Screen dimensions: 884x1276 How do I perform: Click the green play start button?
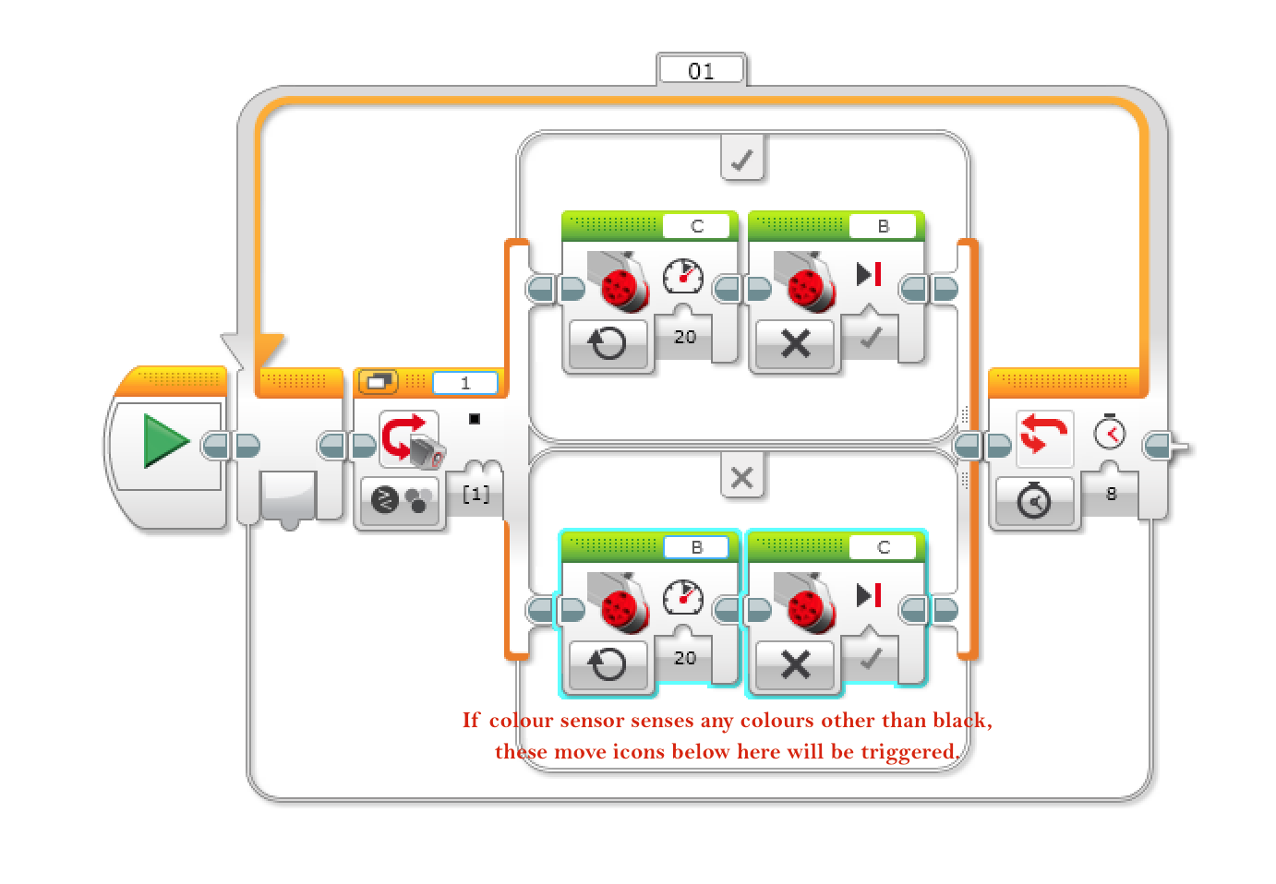(x=166, y=441)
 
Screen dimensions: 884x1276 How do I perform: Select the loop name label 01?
(x=701, y=71)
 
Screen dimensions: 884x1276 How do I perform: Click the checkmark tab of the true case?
(x=741, y=161)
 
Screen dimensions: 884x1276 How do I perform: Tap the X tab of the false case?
(x=741, y=478)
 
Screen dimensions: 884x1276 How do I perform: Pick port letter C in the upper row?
(x=697, y=226)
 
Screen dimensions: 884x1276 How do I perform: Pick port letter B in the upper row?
(x=884, y=226)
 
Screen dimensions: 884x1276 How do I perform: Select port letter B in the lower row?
(x=697, y=547)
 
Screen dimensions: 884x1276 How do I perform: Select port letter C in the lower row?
(x=884, y=547)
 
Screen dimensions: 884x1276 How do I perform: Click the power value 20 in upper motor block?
(x=685, y=337)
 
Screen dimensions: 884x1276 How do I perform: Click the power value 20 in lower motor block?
(x=685, y=658)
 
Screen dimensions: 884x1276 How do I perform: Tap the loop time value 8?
(x=1112, y=494)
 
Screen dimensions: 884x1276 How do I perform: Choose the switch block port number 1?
(x=465, y=383)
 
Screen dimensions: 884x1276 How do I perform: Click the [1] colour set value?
(x=475, y=494)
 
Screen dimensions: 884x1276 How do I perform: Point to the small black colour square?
(x=475, y=419)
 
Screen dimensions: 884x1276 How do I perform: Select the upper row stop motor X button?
(x=795, y=344)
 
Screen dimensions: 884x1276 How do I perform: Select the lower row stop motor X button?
(x=795, y=664)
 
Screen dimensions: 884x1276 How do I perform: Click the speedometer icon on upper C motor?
(x=683, y=276)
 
